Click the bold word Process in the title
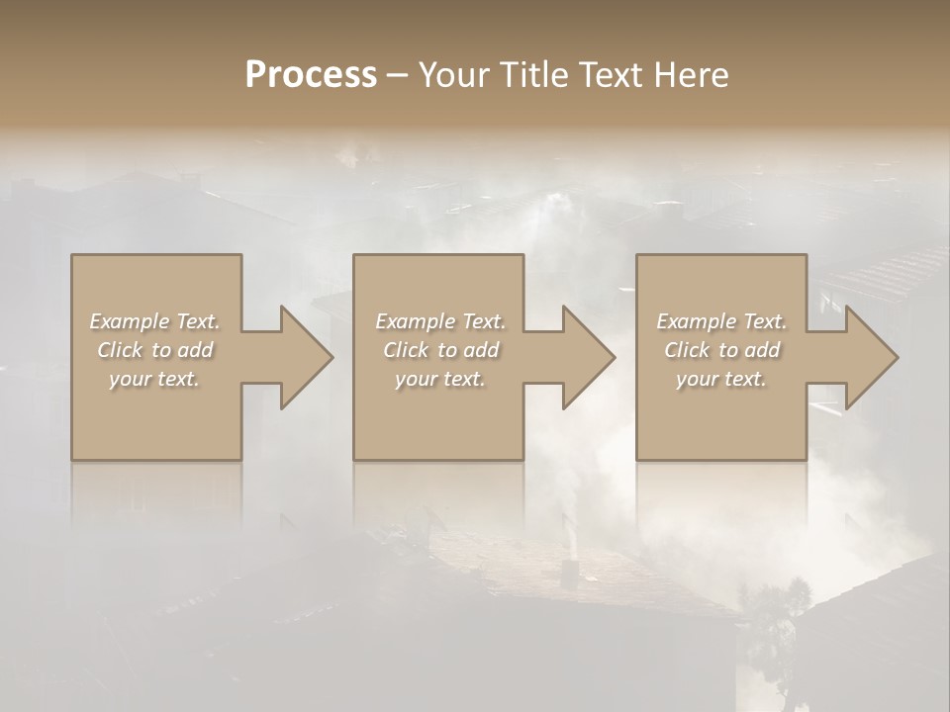pyautogui.click(x=311, y=75)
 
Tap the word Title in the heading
pyautogui.click(x=532, y=75)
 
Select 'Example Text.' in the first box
pyautogui.click(x=154, y=321)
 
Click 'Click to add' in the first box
pyautogui.click(x=154, y=350)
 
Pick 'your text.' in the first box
pyautogui.click(x=154, y=379)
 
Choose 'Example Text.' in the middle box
pyautogui.click(x=440, y=321)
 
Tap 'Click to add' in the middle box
pyautogui.click(x=440, y=350)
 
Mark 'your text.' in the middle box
pyautogui.click(x=440, y=379)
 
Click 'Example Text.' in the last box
pyautogui.click(x=721, y=321)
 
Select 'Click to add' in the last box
pyautogui.click(x=721, y=350)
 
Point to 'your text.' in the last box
pyautogui.click(x=721, y=379)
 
